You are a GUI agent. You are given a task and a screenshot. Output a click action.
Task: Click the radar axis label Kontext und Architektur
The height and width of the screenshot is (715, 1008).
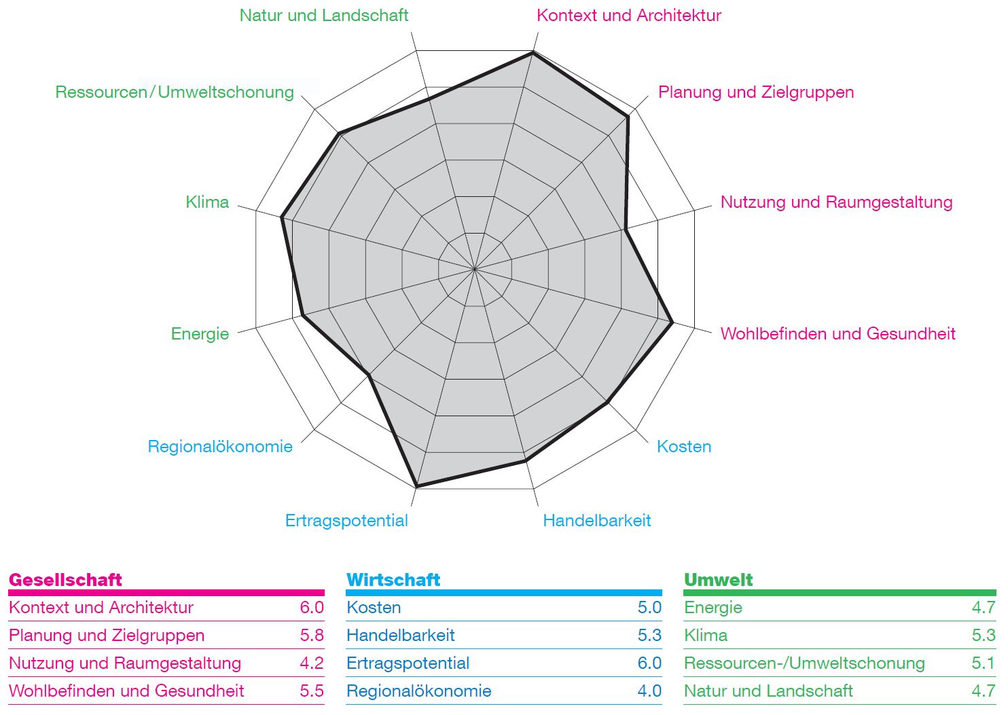[x=629, y=16]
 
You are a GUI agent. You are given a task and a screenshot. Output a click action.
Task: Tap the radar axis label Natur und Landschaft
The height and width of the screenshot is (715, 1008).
[x=323, y=16]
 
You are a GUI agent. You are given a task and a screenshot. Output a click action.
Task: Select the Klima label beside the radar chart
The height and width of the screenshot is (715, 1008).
[x=207, y=202]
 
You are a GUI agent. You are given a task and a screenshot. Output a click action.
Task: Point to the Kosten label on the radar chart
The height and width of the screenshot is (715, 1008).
[x=684, y=446]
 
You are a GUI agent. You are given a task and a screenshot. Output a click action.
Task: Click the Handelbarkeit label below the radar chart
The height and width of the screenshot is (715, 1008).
[x=596, y=521]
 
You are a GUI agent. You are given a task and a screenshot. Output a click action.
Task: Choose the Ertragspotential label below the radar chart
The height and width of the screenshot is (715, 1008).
[x=346, y=521]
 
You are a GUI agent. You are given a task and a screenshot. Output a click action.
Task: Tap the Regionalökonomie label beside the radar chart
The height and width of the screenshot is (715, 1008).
[x=220, y=446]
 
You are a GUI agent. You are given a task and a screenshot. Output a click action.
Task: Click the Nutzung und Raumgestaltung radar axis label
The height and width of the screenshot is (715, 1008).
[x=837, y=202]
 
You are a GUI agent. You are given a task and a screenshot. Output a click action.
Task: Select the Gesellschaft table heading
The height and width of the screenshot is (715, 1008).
[x=65, y=580]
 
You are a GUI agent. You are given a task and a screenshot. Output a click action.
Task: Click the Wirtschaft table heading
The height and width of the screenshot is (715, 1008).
[x=393, y=580]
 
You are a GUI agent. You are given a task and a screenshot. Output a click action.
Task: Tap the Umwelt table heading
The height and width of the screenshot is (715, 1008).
[x=718, y=580]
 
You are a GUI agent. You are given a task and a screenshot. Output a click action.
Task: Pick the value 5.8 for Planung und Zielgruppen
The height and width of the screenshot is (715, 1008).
[x=312, y=635]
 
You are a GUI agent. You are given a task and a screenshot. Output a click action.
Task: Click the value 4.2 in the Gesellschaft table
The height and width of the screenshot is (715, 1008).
[x=312, y=663]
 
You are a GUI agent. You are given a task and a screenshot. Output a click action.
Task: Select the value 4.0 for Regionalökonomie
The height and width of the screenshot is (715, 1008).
[x=649, y=691]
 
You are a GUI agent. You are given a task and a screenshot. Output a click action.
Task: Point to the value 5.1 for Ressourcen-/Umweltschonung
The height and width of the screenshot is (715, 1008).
[x=984, y=663]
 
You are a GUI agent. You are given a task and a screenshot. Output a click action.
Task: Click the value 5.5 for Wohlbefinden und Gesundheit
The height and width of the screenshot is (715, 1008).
[x=312, y=691]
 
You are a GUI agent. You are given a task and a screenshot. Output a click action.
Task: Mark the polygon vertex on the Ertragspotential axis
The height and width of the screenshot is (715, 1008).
[x=416, y=486]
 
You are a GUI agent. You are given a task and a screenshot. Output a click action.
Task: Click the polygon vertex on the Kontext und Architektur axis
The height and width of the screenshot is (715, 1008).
[x=533, y=53]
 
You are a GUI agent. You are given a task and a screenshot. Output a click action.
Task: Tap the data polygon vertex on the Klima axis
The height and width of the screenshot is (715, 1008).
[x=282, y=217]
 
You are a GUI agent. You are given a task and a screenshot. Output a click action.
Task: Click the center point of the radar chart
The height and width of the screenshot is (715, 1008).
[x=475, y=269]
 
